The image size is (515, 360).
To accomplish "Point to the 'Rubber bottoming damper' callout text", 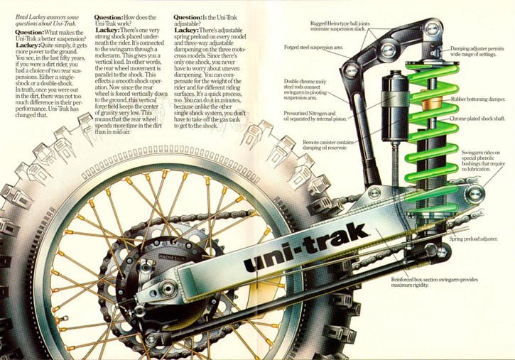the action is point(478,99).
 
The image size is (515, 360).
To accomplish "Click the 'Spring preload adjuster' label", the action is point(473,239).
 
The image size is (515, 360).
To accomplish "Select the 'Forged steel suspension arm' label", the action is point(314,48).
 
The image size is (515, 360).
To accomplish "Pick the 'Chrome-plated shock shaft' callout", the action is point(477,119).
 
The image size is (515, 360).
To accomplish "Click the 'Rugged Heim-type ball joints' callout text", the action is point(340,23).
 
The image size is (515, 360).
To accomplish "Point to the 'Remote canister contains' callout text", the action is point(328,143).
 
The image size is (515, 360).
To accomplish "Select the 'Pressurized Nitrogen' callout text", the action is point(310,113).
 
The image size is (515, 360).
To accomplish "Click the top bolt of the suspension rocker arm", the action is point(431,28).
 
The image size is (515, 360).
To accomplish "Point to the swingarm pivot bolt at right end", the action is point(475,194).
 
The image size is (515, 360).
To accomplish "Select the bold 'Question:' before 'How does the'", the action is point(109,17).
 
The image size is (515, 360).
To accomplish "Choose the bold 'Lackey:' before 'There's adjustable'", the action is point(186,31).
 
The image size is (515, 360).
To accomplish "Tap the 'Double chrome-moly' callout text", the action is point(305,81).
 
